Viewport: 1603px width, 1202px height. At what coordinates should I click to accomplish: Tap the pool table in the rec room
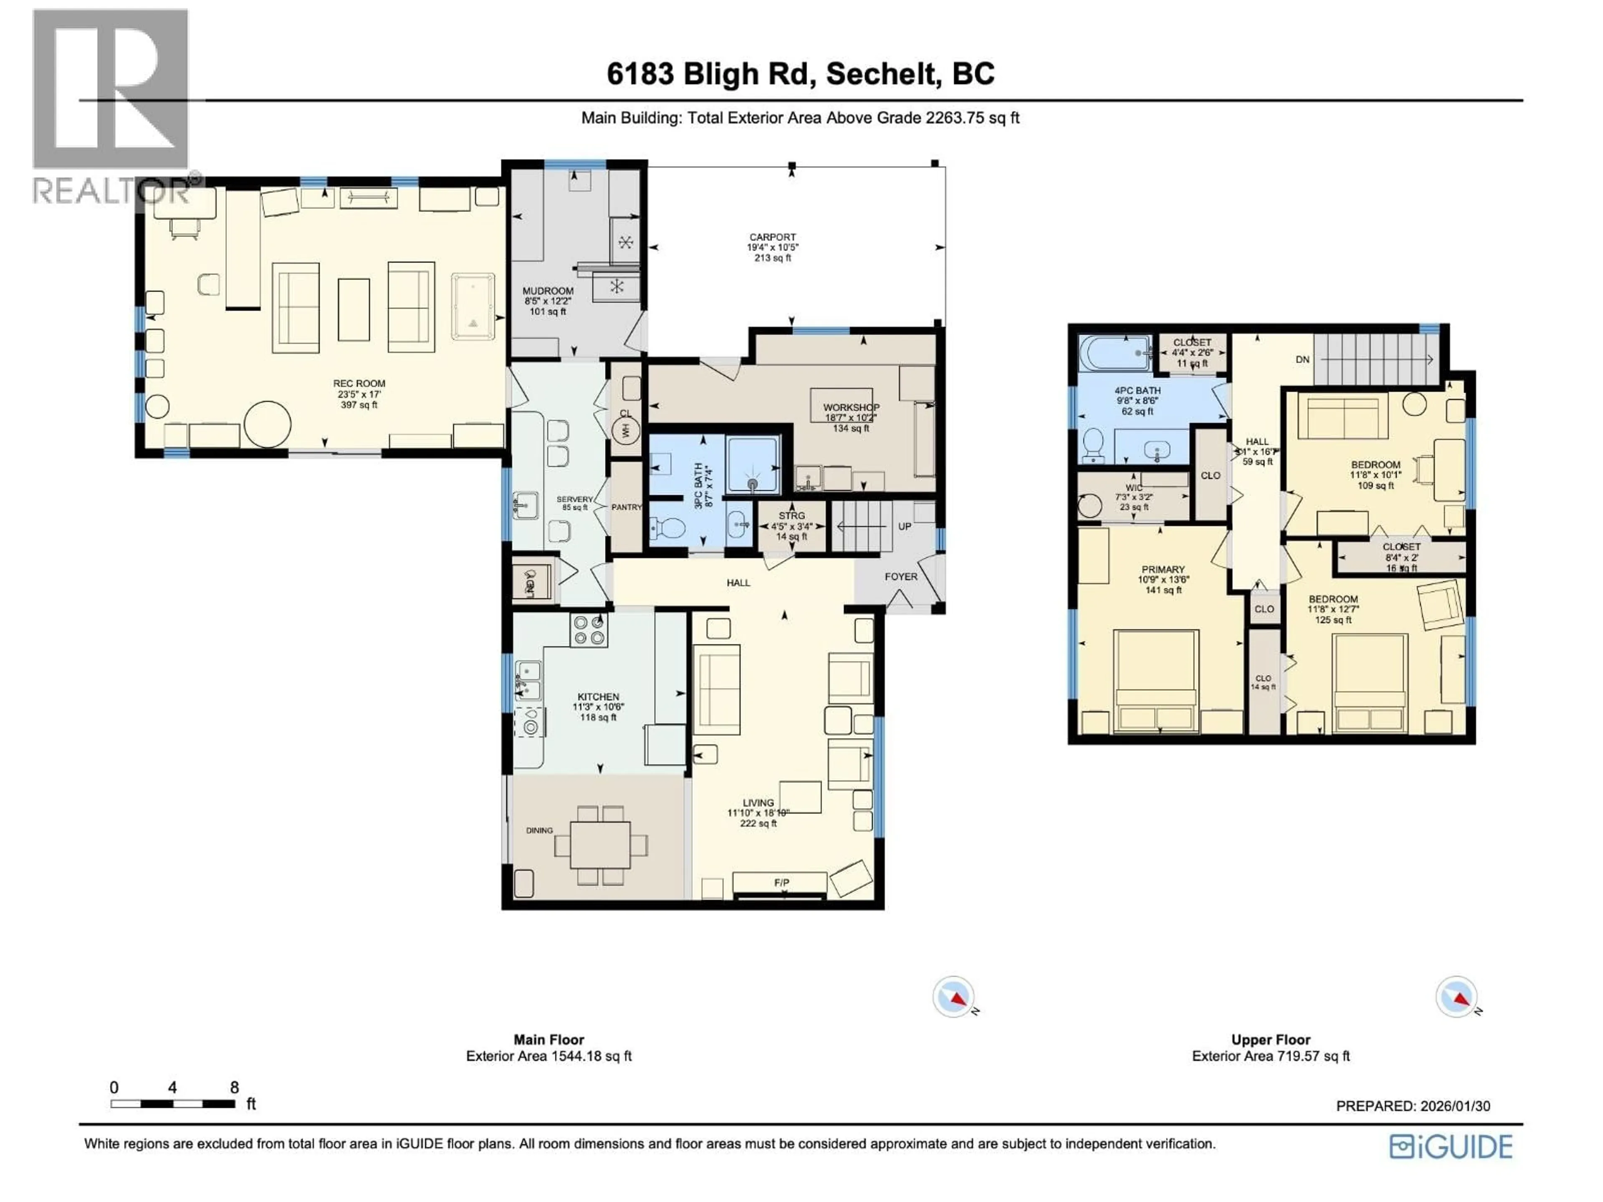[x=473, y=306]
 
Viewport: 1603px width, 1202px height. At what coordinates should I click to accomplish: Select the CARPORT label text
[x=773, y=237]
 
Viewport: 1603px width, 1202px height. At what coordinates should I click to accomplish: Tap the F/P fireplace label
[x=781, y=882]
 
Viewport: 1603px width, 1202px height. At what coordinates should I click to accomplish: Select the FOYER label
[x=901, y=577]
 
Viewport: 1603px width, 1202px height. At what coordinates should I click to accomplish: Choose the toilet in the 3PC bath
[x=668, y=529]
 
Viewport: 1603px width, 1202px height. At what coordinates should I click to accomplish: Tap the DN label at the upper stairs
[x=1302, y=359]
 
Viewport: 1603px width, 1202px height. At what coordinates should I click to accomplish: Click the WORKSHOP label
[x=851, y=408]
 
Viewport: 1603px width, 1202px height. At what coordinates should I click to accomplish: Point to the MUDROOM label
[x=548, y=290]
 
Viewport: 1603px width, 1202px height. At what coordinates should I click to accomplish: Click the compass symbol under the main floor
[x=953, y=997]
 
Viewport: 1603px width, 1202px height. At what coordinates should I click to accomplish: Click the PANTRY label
[x=626, y=507]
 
